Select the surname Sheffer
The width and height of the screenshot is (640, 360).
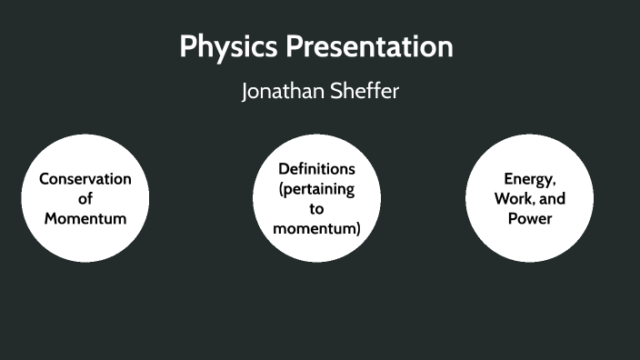click(364, 93)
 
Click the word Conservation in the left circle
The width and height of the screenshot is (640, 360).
click(85, 178)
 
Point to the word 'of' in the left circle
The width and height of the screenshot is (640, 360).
click(85, 198)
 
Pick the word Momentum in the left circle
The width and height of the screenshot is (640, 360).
click(85, 218)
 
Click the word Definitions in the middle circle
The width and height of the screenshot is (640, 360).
click(316, 169)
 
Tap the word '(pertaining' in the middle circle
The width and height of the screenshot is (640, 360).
click(316, 189)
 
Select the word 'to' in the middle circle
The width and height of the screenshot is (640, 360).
click(316, 208)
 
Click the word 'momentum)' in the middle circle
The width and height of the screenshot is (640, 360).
click(316, 228)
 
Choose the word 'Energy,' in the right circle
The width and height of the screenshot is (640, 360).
click(529, 178)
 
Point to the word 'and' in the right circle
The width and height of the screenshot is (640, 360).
click(553, 198)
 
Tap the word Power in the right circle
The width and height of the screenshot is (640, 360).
click(529, 218)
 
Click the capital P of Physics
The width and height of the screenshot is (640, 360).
click(188, 47)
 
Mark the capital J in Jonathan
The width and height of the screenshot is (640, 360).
click(245, 93)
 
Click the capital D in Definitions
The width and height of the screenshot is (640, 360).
click(284, 169)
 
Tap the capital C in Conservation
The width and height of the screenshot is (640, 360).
click(44, 178)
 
